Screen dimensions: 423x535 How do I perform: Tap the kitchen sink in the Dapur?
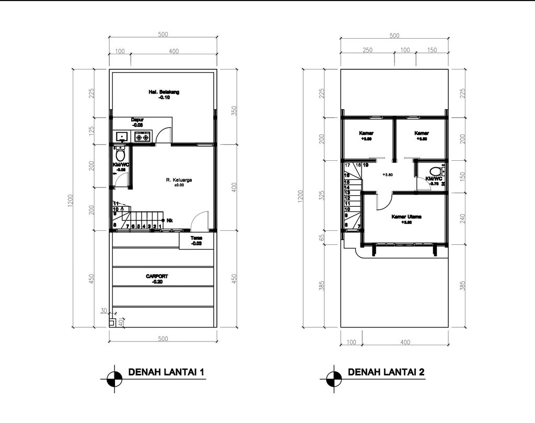click(122, 137)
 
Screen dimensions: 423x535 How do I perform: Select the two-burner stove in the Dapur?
click(143, 137)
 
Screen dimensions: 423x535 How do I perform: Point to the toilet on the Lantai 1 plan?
click(120, 155)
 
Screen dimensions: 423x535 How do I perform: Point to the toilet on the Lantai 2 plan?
click(434, 171)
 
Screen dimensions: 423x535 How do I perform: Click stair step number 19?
click(366, 165)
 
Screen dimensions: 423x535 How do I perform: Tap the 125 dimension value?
click(92, 131)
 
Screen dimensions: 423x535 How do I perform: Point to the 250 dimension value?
click(367, 50)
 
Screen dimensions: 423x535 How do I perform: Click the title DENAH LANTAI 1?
click(165, 372)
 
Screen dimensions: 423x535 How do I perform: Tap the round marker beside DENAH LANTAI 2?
click(332, 378)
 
